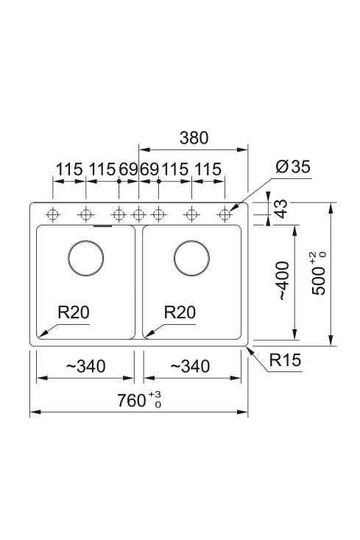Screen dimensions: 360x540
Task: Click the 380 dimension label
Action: pos(194,138)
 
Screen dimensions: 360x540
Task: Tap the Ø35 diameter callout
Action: pos(293,166)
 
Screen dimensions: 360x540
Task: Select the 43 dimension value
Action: pos(281,208)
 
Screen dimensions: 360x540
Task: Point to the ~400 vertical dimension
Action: pos(283,281)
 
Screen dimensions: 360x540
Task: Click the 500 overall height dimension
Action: pos(318,274)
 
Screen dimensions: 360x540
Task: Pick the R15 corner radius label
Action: pos(285,360)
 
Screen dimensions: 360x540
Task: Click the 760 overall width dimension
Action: pos(139,400)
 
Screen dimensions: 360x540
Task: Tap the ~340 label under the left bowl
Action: pos(85,366)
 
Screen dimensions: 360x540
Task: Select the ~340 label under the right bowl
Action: pos(190,366)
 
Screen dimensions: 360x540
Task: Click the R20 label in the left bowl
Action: pos(74,312)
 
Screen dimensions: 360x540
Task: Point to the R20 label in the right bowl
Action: pos(180,312)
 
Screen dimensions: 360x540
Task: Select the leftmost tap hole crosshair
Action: pos(53,215)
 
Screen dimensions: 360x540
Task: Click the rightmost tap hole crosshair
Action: pos(225,215)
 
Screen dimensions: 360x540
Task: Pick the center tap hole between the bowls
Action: pos(138,215)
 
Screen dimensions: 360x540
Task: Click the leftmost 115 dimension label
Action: pos(69,169)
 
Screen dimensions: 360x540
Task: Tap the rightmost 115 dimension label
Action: pos(208,169)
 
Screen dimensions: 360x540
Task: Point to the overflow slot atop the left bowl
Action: pos(102,226)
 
